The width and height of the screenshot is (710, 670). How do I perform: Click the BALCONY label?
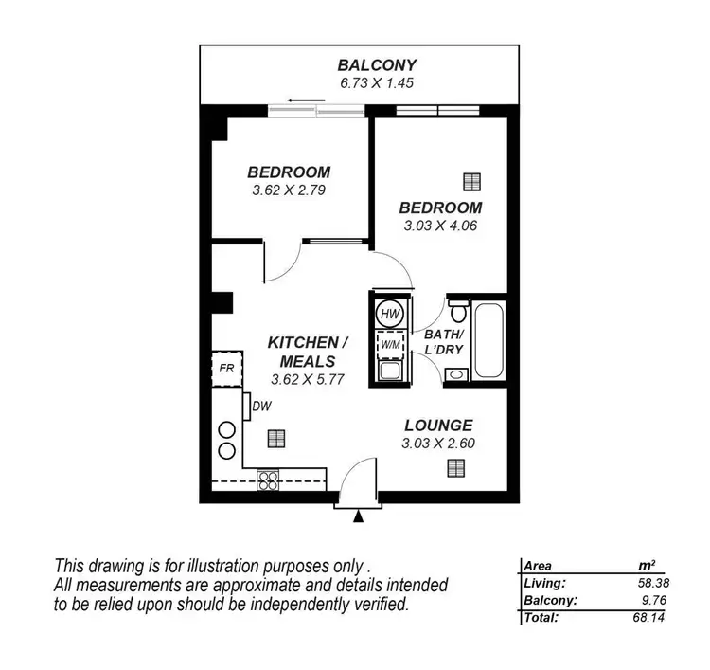click(x=377, y=65)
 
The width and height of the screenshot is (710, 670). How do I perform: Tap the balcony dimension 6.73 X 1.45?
click(x=377, y=83)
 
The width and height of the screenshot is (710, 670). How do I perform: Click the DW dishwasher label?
click(x=263, y=407)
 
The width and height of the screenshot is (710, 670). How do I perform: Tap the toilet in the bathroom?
click(x=458, y=310)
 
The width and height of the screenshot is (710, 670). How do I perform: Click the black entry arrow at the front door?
click(x=358, y=516)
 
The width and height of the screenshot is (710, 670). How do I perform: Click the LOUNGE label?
click(x=438, y=426)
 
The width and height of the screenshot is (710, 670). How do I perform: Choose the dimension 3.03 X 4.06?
click(x=440, y=226)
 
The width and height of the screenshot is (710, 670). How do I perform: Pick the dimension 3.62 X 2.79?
click(x=289, y=190)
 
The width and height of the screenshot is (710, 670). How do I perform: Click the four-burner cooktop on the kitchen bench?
click(x=268, y=480)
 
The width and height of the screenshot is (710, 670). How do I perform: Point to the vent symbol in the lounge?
click(x=457, y=466)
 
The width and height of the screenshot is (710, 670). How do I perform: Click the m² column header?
click(x=648, y=566)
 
